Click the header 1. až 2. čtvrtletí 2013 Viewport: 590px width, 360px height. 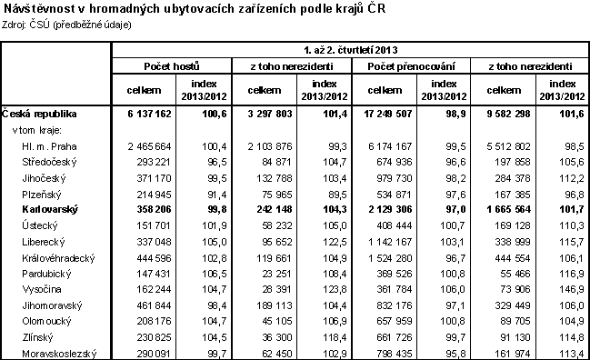(350, 49)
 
